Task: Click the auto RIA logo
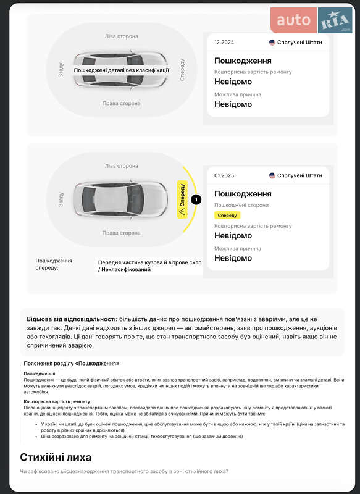[x=312, y=20]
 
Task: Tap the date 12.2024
[x=224, y=43]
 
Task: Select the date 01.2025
[x=224, y=175]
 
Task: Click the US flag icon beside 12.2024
[x=272, y=43]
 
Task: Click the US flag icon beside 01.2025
[x=272, y=175]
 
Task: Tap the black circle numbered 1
[x=196, y=199]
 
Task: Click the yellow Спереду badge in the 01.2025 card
[x=227, y=215]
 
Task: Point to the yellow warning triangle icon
[x=182, y=211]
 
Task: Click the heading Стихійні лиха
[x=56, y=458]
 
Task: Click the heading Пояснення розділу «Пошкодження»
[x=72, y=364]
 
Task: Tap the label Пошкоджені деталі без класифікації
[x=121, y=70]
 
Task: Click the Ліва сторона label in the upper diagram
[x=121, y=36]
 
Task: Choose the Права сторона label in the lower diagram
[x=121, y=233]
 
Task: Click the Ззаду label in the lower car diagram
[x=61, y=199]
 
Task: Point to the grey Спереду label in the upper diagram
[x=182, y=69]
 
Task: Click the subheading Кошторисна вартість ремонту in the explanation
[x=57, y=401]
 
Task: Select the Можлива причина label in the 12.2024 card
[x=237, y=94]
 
